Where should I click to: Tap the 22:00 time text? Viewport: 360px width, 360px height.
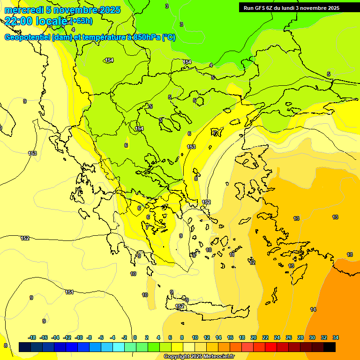[19, 21]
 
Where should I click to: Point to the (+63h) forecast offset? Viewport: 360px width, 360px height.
[81, 21]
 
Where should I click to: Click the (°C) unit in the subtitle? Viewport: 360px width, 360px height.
[168, 37]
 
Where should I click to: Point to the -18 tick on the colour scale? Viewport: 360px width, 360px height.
[32, 337]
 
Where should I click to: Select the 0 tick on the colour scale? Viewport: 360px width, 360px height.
[135, 337]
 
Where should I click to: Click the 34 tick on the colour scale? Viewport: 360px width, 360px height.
[335, 337]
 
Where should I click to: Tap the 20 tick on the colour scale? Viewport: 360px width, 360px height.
[253, 337]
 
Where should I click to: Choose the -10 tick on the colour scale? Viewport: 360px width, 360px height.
[78, 337]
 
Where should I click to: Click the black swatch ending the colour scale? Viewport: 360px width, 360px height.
[330, 347]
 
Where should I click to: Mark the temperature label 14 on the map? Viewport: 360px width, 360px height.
[313, 309]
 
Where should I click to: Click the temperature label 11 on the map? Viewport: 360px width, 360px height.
[232, 255]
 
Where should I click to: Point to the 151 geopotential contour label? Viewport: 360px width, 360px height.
[69, 292]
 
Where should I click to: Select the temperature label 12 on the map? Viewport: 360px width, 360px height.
[253, 262]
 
